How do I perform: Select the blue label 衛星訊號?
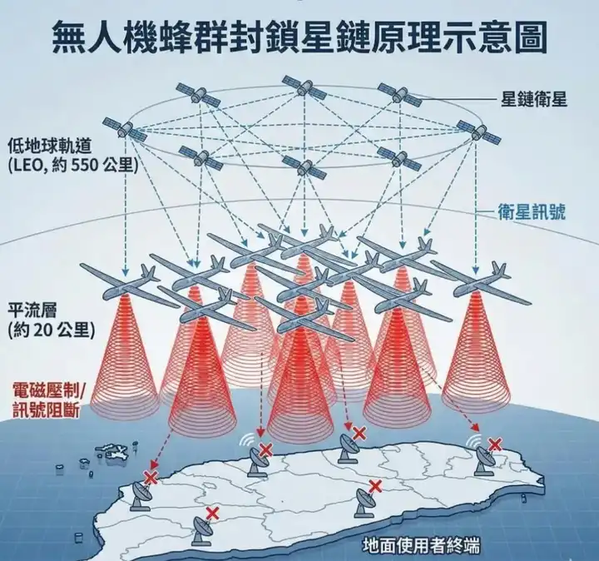[532, 211]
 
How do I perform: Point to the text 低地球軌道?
[48, 143]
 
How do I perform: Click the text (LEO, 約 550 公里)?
[71, 164]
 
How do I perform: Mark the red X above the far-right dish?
[496, 444]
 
